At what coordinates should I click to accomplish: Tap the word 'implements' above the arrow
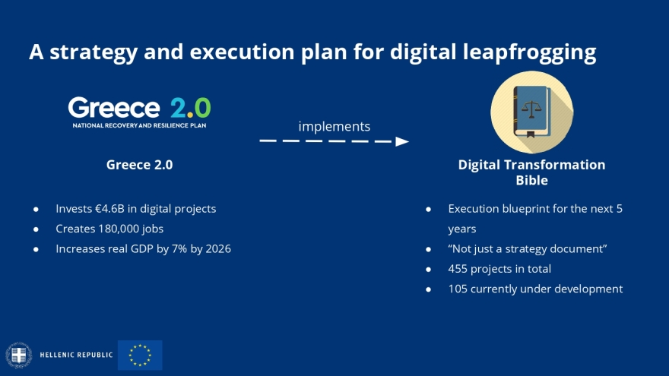click(334, 127)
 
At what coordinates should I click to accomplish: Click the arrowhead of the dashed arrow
click(402, 141)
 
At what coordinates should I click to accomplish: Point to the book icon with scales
click(531, 112)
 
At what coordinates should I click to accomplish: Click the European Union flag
click(140, 355)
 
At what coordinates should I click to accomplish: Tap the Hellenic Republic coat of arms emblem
click(19, 355)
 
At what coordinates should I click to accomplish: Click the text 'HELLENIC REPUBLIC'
click(76, 355)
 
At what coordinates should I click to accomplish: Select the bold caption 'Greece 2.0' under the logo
click(140, 165)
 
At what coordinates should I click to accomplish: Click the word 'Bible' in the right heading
click(531, 180)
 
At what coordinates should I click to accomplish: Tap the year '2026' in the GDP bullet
click(218, 249)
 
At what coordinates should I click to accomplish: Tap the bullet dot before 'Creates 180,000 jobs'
click(36, 229)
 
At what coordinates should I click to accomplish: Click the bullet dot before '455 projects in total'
click(428, 270)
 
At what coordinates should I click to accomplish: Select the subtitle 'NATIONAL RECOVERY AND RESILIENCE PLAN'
click(139, 125)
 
